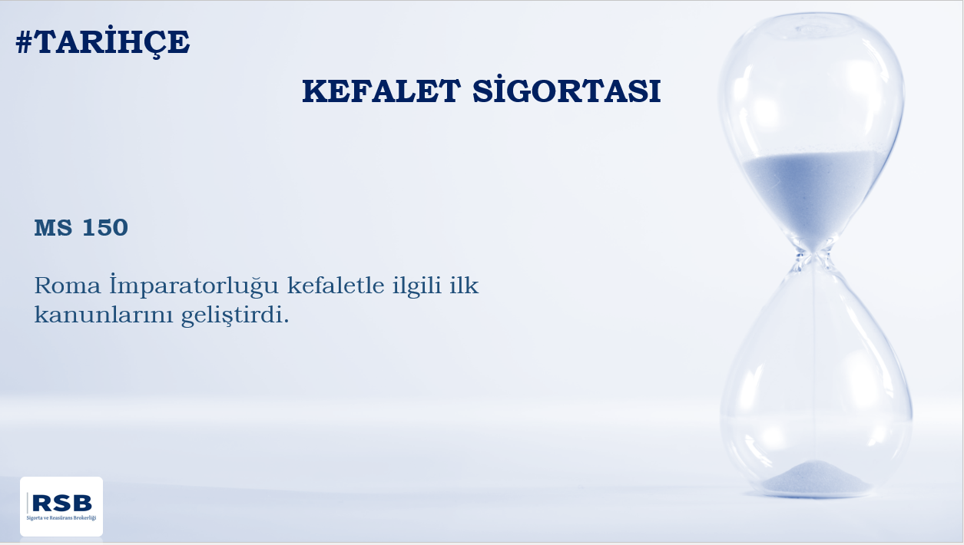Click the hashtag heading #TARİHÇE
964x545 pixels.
[102, 41]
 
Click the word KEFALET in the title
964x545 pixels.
[381, 91]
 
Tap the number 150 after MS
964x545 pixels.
[105, 227]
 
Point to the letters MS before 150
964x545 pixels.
[53, 227]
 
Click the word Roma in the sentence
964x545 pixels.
[68, 286]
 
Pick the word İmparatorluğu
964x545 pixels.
[194, 286]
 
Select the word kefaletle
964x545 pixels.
[336, 286]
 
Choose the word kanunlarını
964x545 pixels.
[104, 315]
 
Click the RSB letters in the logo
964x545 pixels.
[62, 503]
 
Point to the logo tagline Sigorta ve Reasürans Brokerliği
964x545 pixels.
[61, 518]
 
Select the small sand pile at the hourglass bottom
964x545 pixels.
[815, 479]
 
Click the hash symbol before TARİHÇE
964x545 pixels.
[24, 42]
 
